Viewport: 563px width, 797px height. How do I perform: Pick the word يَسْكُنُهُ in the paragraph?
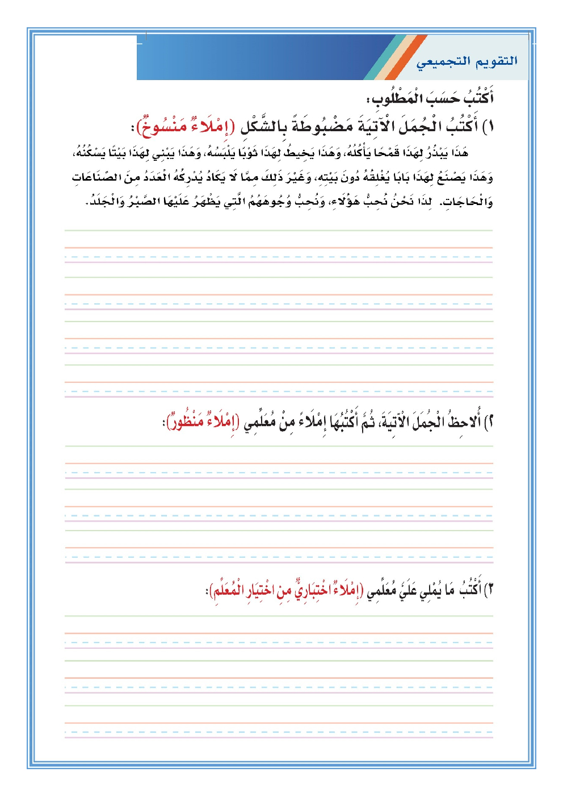90,153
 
